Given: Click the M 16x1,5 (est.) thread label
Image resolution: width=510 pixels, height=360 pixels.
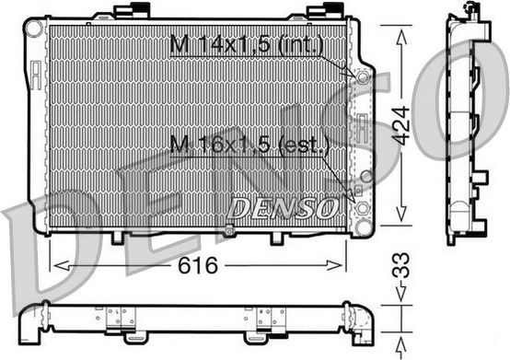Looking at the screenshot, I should click(249, 144).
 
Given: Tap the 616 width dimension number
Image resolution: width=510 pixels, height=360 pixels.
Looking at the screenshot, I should click(194, 266).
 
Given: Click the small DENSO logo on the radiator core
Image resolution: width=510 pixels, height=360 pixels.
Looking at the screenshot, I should click(281, 208).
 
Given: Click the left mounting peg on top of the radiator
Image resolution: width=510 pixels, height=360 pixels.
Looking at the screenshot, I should click(125, 11).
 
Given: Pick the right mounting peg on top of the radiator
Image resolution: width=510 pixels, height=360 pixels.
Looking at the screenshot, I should click(321, 11).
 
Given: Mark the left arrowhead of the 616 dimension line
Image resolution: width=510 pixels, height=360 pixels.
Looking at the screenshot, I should click(58, 265).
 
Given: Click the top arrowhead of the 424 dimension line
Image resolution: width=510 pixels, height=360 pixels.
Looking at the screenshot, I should click(399, 31).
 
